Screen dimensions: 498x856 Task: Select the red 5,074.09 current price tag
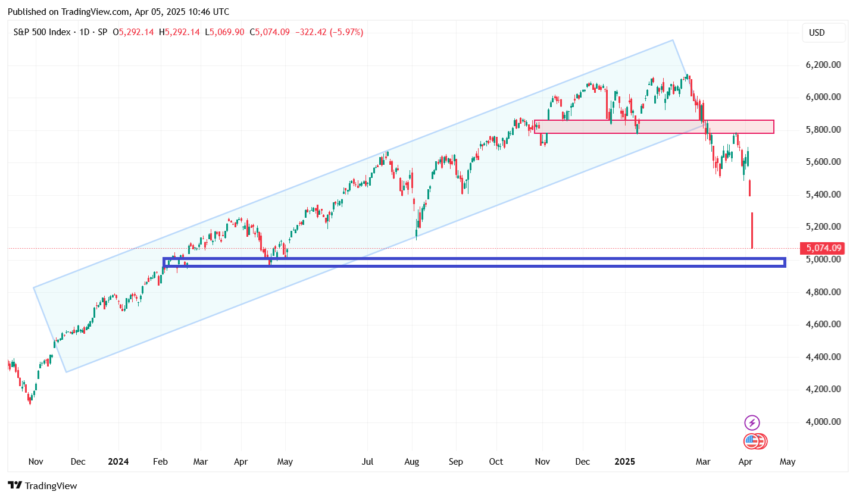[824, 248]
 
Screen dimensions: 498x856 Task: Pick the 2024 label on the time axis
[118, 461]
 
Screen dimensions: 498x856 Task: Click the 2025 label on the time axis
[625, 461]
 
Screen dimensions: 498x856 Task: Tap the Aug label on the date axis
[412, 461]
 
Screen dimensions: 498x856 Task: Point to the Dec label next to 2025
[582, 461]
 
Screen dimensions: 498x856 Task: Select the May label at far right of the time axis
[787, 461]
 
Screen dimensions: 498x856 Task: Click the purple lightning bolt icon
[752, 423]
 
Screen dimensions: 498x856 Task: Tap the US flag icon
[752, 441]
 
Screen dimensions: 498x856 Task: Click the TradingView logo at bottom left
[42, 486]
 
